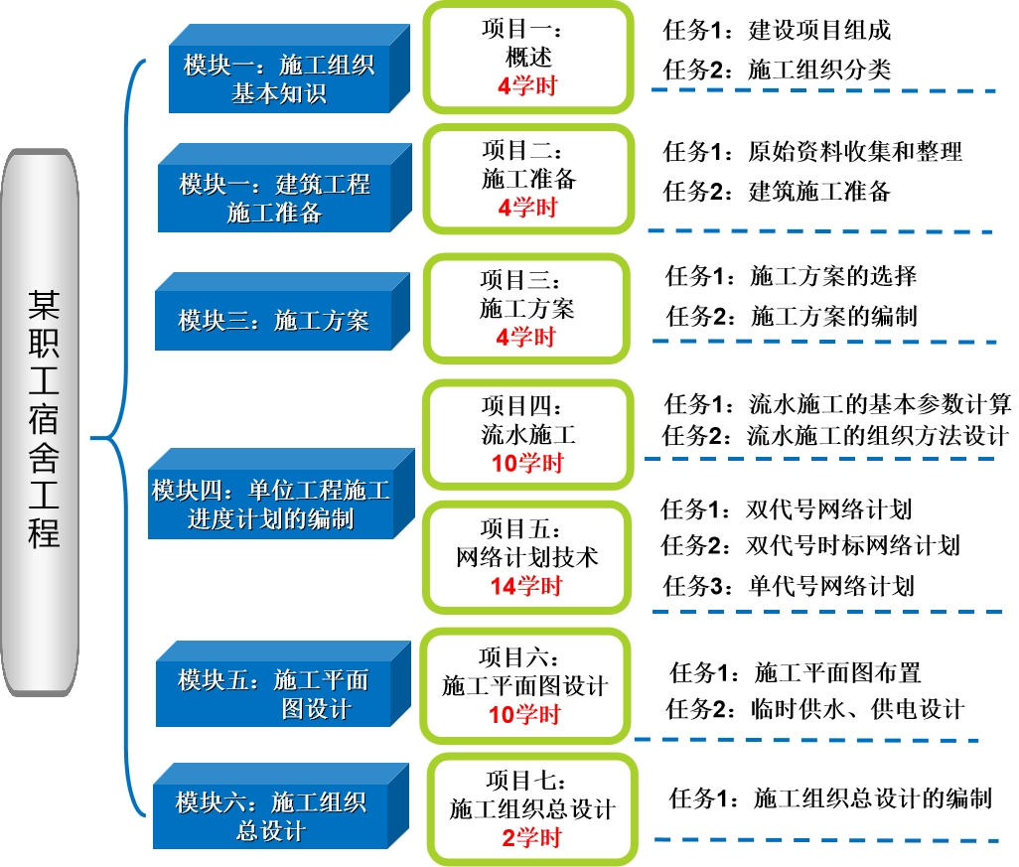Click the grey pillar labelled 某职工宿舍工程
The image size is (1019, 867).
(43, 422)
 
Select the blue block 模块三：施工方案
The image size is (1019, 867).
(273, 320)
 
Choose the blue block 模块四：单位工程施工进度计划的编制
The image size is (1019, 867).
(271, 505)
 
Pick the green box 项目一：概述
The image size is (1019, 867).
(527, 59)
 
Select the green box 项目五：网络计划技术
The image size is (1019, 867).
(527, 557)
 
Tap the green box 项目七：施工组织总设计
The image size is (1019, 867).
(531, 809)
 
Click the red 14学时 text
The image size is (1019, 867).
(525, 586)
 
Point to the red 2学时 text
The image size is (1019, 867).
(531, 838)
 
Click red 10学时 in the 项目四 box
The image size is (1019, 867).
(527, 463)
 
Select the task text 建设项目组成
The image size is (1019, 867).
(819, 30)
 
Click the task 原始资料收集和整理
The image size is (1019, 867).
(855, 152)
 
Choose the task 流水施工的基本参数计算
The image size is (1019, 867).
(879, 404)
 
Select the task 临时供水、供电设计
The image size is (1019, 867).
(858, 709)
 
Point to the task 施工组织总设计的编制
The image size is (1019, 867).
(872, 798)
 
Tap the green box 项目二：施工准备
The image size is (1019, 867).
(527, 179)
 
